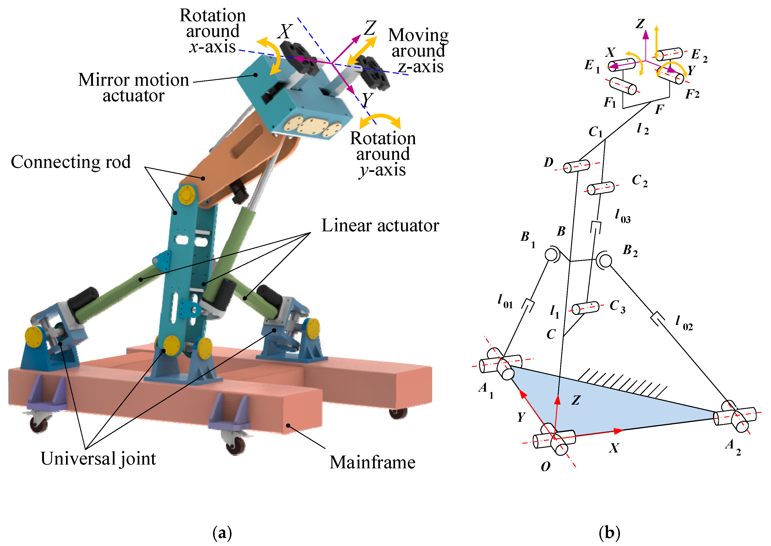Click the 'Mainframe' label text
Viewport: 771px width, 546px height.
click(372, 462)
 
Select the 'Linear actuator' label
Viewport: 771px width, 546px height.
click(380, 225)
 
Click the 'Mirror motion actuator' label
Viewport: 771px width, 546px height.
click(134, 87)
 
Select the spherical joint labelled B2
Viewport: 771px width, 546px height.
click(604, 260)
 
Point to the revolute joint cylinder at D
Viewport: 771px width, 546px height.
click(577, 166)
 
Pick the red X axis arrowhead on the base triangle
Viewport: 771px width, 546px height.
click(618, 431)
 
